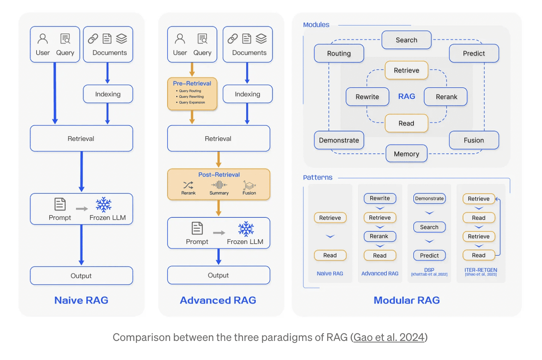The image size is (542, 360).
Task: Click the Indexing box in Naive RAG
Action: coord(108,94)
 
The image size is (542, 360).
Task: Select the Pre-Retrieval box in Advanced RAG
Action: coord(192,94)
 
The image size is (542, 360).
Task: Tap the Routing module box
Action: coord(339,53)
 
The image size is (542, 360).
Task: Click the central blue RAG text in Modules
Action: coord(406,96)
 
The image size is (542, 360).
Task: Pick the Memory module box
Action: coord(406,154)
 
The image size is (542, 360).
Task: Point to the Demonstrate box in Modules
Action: coord(339,140)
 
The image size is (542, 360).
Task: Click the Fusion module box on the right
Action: coord(474,140)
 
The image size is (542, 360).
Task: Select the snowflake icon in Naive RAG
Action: coord(103,205)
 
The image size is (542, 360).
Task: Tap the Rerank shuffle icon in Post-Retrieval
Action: coord(188,185)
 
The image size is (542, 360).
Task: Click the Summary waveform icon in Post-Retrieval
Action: coord(219,185)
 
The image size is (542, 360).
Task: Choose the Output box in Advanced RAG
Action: coord(218,275)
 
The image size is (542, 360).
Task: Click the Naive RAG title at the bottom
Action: coord(81,300)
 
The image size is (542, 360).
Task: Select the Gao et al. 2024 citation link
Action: coord(389,337)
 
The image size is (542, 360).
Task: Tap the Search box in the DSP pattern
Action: coord(429,227)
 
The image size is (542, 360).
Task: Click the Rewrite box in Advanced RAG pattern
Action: coord(380,198)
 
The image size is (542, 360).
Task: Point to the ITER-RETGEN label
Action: coord(481,270)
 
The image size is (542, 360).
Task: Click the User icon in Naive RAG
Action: coord(43,39)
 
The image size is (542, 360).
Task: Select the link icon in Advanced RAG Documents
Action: coord(232,39)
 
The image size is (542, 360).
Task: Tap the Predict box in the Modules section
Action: coord(474,53)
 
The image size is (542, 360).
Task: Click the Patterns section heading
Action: coord(318,177)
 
